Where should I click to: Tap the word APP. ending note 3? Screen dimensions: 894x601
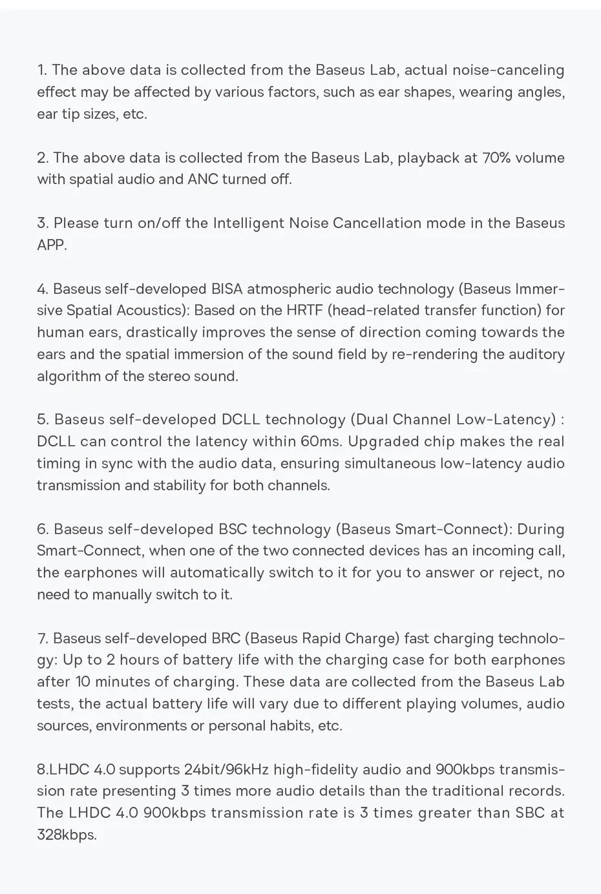tap(52, 245)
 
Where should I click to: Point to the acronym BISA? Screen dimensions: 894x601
tap(226, 289)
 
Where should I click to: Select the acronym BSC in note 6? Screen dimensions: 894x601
tap(233, 529)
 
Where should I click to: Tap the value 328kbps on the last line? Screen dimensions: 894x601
tap(66, 835)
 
